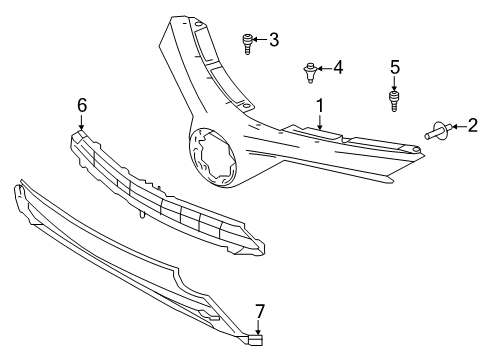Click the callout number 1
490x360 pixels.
tap(320, 104)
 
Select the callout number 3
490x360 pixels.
tap(273, 41)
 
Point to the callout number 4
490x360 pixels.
tap(338, 68)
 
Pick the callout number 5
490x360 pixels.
tap(395, 67)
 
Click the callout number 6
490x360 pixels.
tap(82, 104)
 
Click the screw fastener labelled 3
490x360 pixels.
tap(247, 42)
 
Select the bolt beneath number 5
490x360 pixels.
tap(395, 100)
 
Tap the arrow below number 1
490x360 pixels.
tap(320, 121)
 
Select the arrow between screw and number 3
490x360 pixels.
tap(259, 41)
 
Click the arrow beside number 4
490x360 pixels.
tap(325, 69)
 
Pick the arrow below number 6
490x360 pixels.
tap(82, 121)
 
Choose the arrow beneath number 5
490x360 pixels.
tap(395, 82)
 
